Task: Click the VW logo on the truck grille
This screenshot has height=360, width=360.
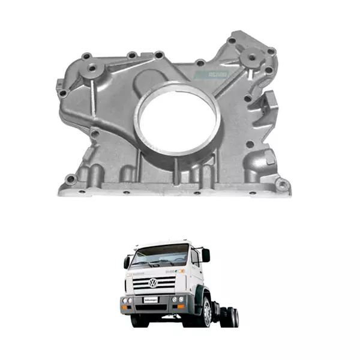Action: click(153, 283)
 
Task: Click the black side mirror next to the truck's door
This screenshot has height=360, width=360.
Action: click(206, 255)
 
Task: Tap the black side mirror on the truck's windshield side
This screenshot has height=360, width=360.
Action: click(127, 262)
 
